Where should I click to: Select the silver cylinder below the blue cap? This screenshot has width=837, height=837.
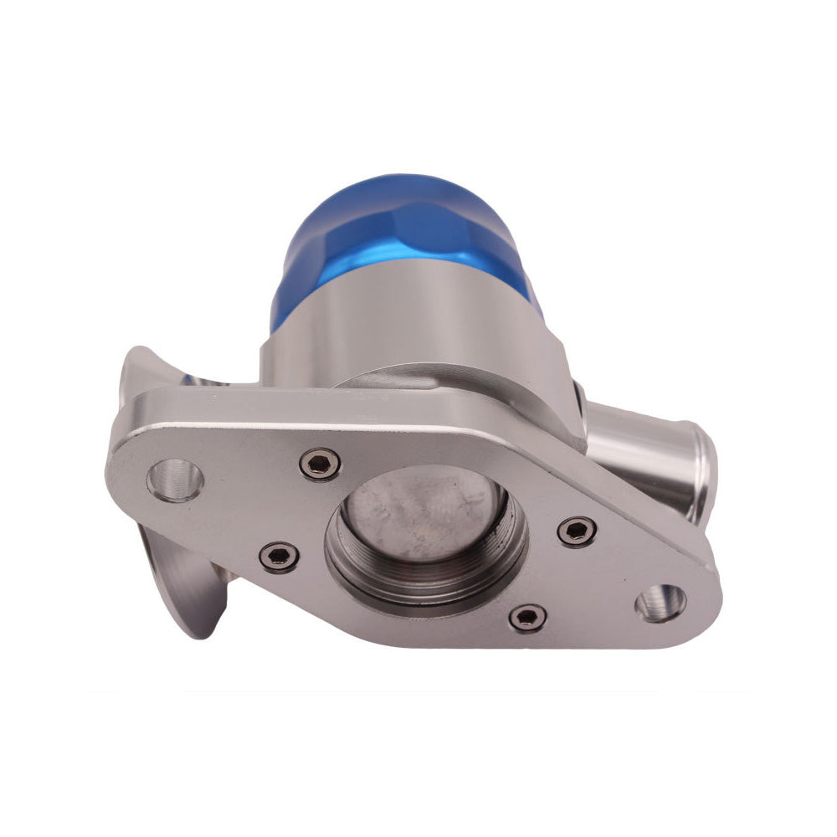[402, 326]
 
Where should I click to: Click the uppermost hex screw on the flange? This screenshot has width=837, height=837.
[321, 463]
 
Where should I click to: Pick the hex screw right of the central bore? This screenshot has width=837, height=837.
[577, 530]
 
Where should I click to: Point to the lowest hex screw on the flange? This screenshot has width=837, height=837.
[527, 618]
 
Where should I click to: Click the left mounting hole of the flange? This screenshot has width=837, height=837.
[175, 480]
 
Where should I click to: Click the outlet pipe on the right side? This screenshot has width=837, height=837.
[644, 452]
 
